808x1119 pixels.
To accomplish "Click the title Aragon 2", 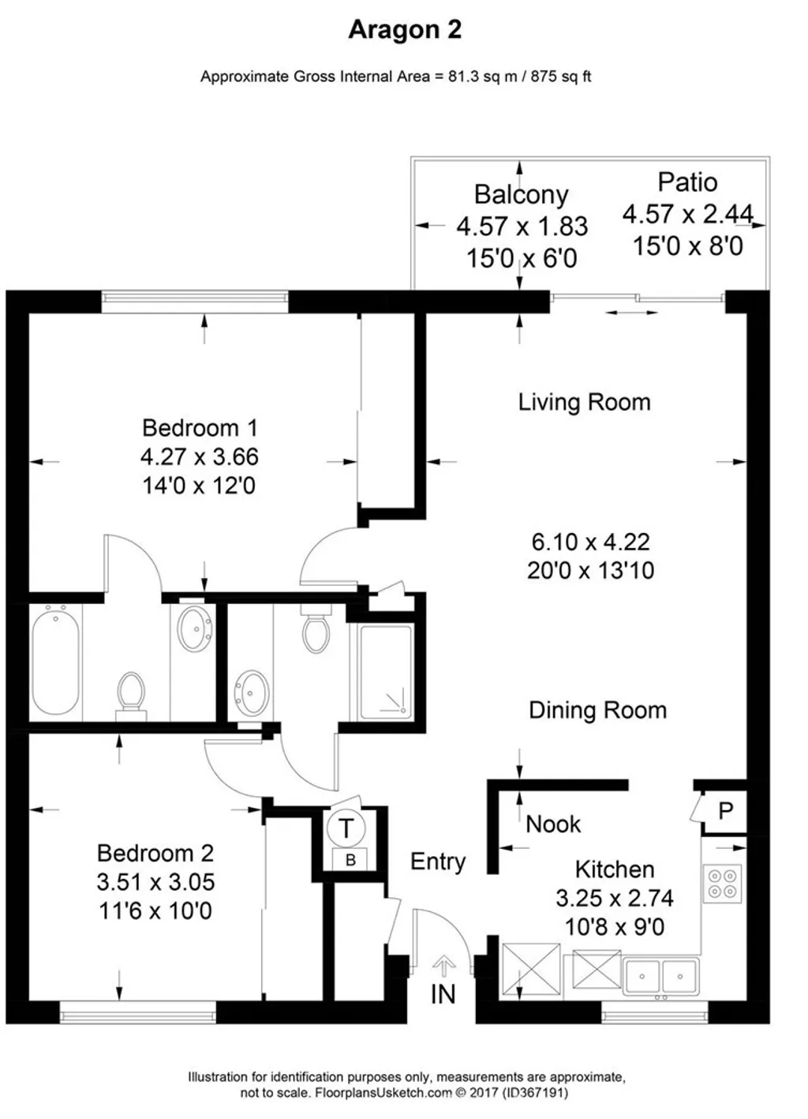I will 405,30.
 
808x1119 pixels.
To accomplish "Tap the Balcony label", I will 521,194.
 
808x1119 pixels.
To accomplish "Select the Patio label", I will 687,182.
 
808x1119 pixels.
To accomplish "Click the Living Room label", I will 584,402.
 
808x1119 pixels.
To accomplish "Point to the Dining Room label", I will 597,710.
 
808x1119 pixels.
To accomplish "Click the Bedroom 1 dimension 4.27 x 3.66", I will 200,456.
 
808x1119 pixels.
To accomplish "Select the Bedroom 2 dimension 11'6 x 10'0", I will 155,911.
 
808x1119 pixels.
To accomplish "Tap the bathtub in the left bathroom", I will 55,660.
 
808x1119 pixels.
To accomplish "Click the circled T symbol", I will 346,828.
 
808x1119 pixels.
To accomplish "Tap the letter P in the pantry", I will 726,811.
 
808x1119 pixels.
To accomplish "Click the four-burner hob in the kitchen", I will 722,883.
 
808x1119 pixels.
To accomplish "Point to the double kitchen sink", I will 660,976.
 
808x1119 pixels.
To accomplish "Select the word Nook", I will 553,824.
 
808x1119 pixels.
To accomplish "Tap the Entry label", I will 438,862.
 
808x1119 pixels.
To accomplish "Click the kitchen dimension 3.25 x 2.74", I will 615,898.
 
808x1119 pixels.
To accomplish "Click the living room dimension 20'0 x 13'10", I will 590,570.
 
